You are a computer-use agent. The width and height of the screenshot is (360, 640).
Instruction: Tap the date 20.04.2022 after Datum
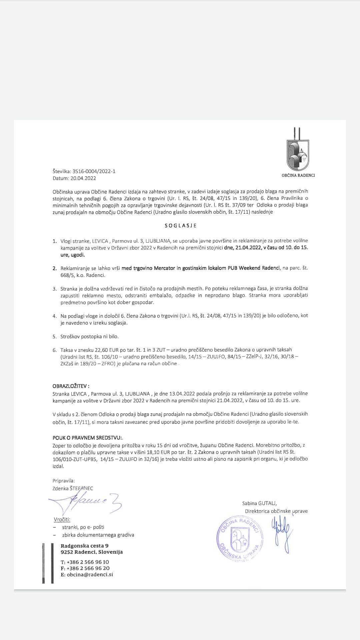point(83,178)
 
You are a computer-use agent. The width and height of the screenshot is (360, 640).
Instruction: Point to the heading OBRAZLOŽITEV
point(71,386)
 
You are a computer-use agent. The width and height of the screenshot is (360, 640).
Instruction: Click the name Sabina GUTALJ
point(259,503)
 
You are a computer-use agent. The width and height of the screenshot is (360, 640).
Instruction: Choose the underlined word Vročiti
point(62,520)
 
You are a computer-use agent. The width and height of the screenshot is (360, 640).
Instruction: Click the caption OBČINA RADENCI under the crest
point(298,175)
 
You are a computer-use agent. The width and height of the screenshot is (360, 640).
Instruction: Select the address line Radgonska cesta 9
point(84,546)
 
